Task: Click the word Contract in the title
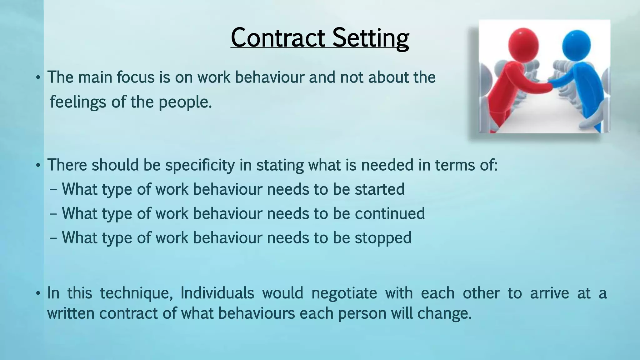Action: [x=278, y=37]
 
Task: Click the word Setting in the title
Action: [x=371, y=38]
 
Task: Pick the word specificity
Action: [x=200, y=165]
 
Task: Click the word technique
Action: [x=137, y=293]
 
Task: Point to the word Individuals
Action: [x=217, y=293]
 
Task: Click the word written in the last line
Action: [x=71, y=313]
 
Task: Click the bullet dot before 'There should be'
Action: [x=38, y=165]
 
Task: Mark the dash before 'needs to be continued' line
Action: [x=53, y=214]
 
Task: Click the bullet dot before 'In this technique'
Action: [x=38, y=293]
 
